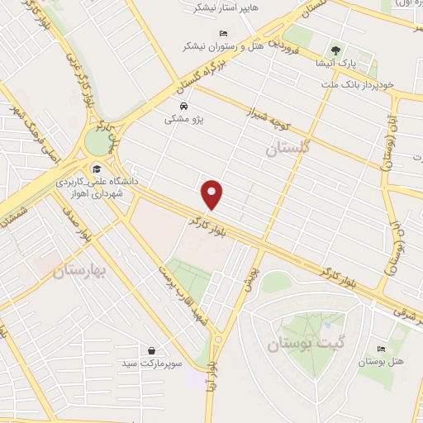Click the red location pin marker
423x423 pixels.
click(x=213, y=195)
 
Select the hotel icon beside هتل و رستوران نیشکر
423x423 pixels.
click(x=225, y=31)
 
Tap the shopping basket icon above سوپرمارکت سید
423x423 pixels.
click(x=150, y=350)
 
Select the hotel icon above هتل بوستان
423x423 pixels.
click(x=379, y=349)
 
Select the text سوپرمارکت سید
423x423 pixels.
click(x=150, y=364)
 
